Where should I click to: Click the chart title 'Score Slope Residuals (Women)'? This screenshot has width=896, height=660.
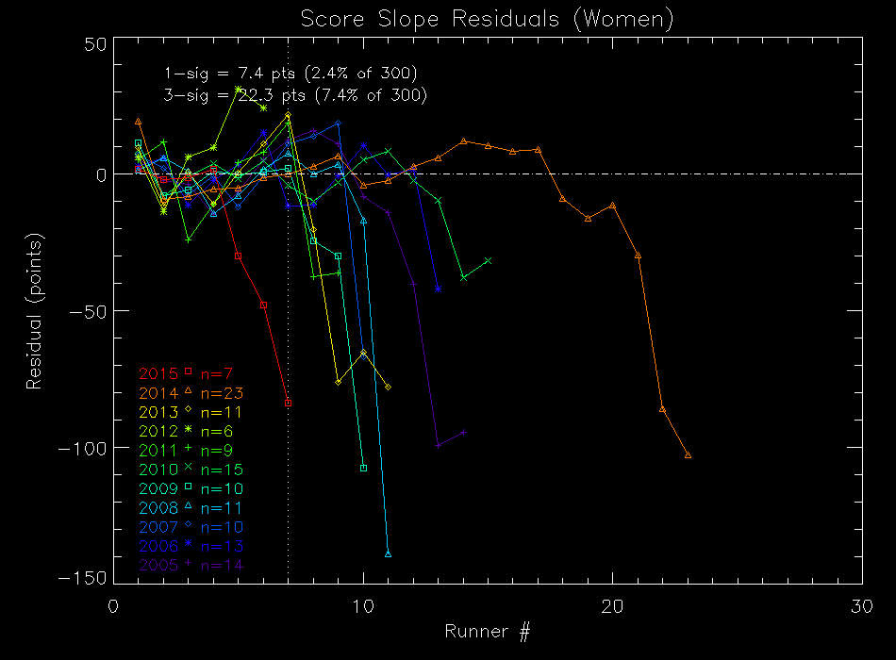point(487,19)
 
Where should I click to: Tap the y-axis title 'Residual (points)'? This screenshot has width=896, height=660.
point(35,310)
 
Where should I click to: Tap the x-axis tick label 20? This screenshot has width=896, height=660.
point(612,605)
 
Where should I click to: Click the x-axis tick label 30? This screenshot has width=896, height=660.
point(861,605)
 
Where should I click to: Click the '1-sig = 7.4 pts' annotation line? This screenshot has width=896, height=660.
point(290,74)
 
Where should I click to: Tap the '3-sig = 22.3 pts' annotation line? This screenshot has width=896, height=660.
point(295,95)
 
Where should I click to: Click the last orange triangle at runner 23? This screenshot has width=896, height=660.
point(688,454)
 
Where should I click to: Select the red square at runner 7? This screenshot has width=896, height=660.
point(288,403)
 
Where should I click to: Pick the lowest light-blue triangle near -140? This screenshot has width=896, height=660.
point(388,553)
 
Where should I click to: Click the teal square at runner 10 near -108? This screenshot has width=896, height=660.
point(363,468)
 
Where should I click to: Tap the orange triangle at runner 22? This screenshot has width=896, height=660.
point(662,408)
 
